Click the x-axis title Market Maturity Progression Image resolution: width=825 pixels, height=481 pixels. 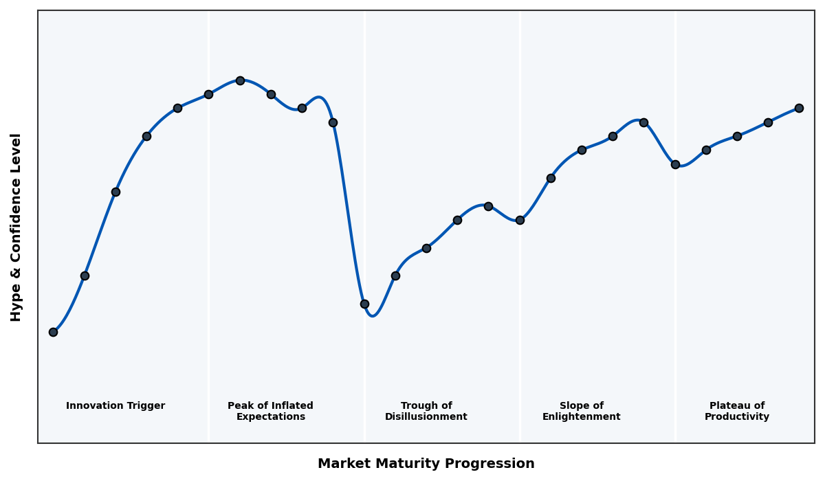point(426,464)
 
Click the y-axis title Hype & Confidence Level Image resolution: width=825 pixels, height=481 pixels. point(16,227)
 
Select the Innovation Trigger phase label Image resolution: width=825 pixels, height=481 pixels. point(115,406)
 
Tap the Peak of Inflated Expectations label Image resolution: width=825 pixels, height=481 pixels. point(270,411)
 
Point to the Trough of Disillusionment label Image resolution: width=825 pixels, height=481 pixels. point(426,411)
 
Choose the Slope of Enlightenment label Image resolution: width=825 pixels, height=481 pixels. point(581,411)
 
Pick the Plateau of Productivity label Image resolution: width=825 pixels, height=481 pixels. point(736,411)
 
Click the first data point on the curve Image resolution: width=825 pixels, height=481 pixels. point(53,332)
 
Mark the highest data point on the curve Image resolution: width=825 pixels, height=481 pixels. point(240,80)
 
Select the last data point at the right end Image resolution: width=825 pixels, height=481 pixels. point(799,108)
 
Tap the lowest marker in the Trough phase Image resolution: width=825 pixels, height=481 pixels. point(364,304)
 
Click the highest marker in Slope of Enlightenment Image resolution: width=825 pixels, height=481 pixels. point(643,122)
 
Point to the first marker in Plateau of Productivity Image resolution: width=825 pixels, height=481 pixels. point(675,164)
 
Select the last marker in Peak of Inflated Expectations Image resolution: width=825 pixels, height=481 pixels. point(333,122)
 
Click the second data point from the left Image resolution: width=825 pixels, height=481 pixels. point(85,276)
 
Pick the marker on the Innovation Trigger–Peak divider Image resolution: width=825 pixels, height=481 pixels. point(208,94)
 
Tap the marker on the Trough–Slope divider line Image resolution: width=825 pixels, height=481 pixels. point(520,220)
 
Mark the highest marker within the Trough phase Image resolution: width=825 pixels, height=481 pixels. point(488,206)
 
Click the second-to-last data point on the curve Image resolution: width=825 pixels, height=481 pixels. point(768,122)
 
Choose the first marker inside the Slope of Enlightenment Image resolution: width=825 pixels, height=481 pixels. point(551,178)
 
